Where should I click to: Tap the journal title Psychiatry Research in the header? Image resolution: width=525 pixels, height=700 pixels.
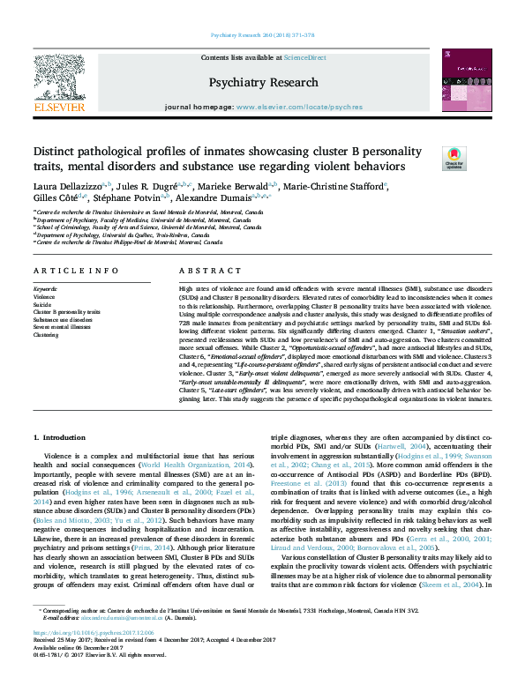262,82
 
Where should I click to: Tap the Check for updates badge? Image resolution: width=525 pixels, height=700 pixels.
454,158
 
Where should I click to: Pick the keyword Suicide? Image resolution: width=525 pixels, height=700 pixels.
43,302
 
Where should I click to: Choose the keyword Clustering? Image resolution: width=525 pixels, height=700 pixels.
46,335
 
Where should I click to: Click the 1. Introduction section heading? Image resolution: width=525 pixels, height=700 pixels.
60,437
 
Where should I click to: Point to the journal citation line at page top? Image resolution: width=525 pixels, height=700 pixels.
262,35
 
